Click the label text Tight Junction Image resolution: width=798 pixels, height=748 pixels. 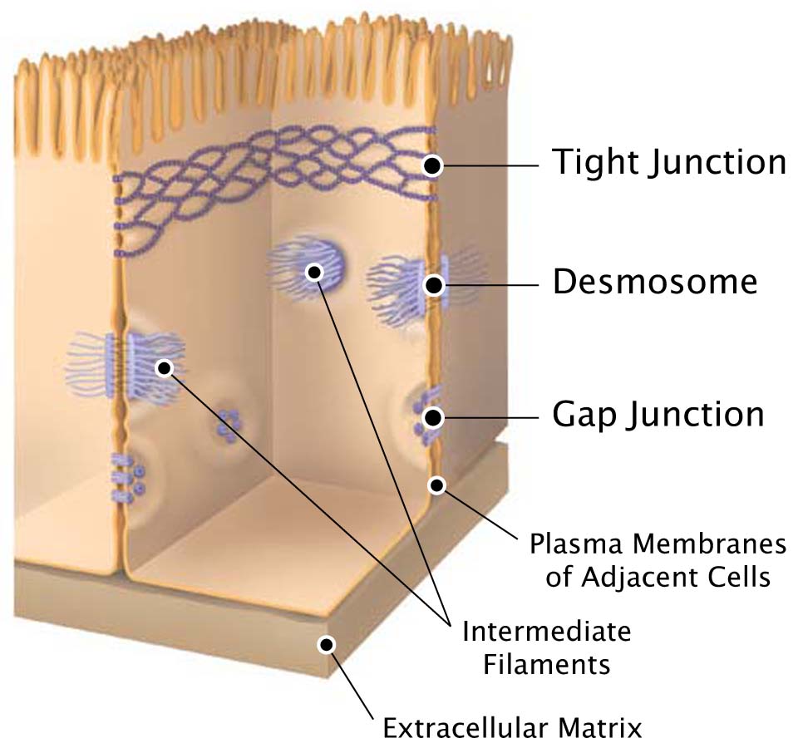coord(669,163)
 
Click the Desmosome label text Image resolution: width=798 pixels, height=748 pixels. coord(656,282)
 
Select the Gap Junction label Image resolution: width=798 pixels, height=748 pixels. coord(658,416)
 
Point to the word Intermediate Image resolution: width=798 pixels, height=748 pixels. coord(547,632)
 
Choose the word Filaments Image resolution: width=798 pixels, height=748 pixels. coord(547,665)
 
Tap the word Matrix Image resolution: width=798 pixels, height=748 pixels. coord(600,728)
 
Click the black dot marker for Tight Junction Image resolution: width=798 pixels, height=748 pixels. coord(432,165)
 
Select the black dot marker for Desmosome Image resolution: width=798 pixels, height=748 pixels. coord(433,285)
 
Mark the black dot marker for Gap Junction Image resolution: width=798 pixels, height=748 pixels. coord(433,418)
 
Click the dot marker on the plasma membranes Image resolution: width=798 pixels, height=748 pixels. coord(436,485)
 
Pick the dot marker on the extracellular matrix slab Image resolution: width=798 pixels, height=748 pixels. coord(326,645)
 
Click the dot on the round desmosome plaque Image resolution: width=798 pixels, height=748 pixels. coord(314,273)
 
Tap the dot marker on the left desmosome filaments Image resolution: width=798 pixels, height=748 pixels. coord(165,368)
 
